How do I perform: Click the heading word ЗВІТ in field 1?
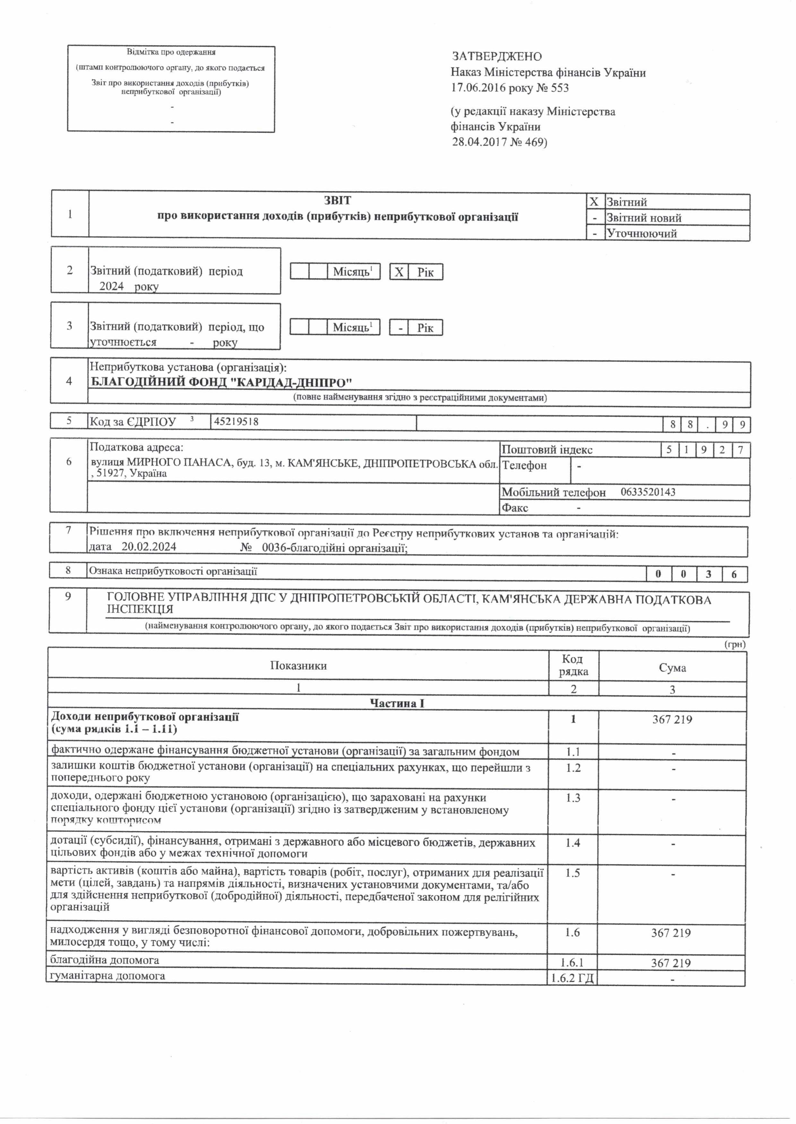pyautogui.click(x=337, y=200)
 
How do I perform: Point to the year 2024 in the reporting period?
pyautogui.click(x=112, y=286)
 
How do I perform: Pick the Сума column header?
pyautogui.click(x=672, y=668)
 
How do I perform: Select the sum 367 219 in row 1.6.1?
pyautogui.click(x=671, y=963)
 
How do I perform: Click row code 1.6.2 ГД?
pyautogui.click(x=572, y=978)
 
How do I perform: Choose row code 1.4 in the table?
pyautogui.click(x=573, y=843)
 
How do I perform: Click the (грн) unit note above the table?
pyautogui.click(x=735, y=645)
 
